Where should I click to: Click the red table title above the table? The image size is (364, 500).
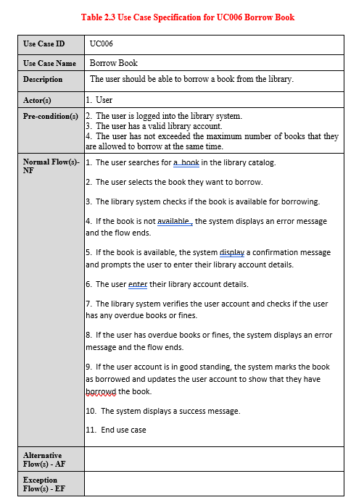(x=188, y=17)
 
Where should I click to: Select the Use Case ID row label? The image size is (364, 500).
(x=44, y=45)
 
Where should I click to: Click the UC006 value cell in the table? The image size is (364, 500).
(x=102, y=45)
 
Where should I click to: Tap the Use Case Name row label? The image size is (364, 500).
(x=49, y=64)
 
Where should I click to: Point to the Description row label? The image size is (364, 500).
(x=43, y=79)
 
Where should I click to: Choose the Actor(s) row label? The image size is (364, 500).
(x=41, y=100)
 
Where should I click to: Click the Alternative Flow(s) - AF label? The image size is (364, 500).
(x=43, y=459)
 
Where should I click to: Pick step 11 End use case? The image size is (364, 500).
(x=116, y=430)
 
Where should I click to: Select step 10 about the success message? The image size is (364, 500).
(x=163, y=411)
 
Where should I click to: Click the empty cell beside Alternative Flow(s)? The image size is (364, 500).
(x=214, y=459)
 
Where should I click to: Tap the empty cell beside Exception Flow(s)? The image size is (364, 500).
(x=214, y=484)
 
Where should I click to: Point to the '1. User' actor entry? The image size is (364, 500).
(x=99, y=100)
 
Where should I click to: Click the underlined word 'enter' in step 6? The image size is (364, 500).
(x=138, y=284)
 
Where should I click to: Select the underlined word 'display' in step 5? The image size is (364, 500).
(x=232, y=252)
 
